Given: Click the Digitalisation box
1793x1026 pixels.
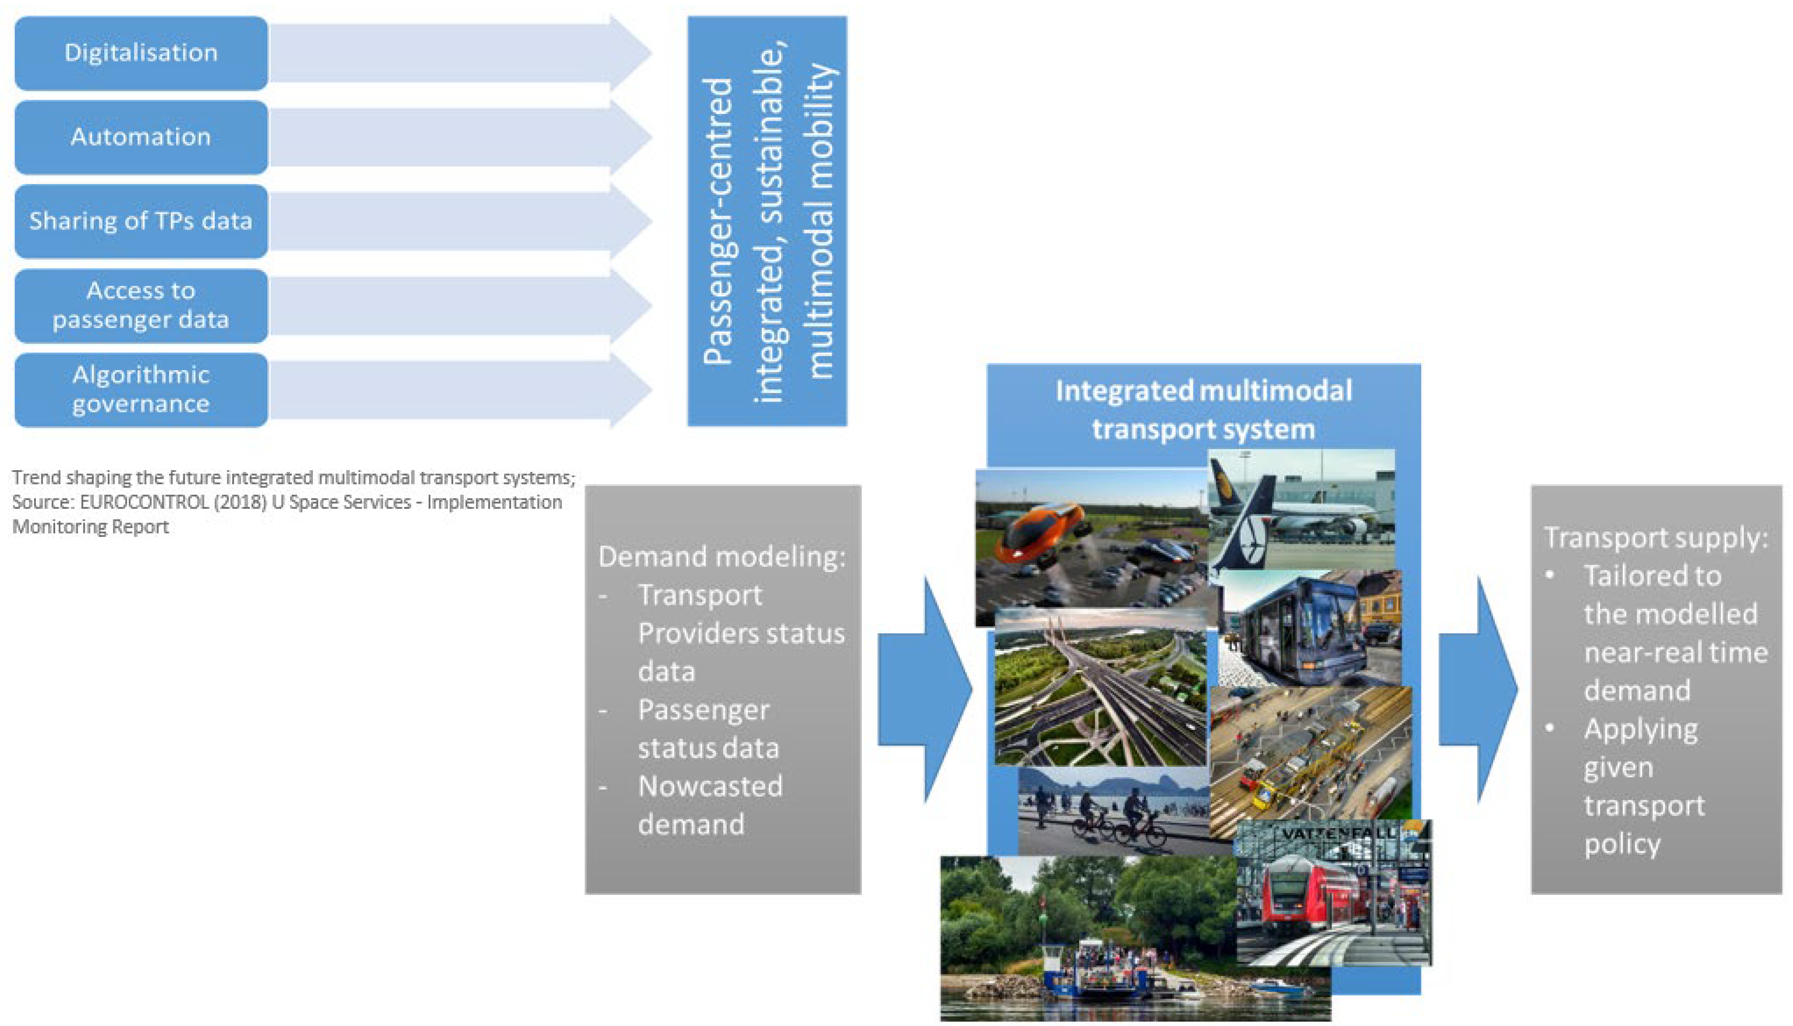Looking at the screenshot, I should click(x=141, y=53).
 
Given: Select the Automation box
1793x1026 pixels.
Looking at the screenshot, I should click(x=141, y=137).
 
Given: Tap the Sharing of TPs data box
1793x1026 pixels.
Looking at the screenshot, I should click(x=141, y=221).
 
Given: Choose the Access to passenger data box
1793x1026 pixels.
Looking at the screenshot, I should click(x=141, y=305).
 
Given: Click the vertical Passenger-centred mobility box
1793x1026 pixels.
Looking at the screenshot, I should click(x=766, y=221).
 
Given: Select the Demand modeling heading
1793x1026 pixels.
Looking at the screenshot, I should click(x=722, y=557).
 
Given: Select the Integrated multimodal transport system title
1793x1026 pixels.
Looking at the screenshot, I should click(x=1203, y=410).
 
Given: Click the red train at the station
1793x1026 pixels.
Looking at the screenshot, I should click(x=1303, y=895).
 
